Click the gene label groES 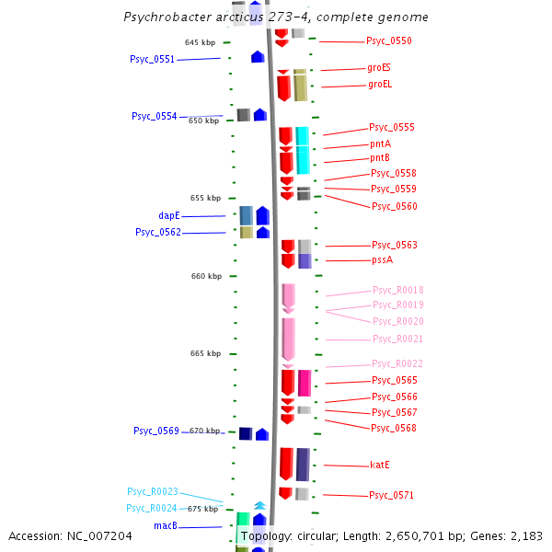click(379, 68)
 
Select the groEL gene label click(380, 85)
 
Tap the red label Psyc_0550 click(389, 41)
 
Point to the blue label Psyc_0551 click(152, 60)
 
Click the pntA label click(380, 144)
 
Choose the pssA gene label click(382, 260)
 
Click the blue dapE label click(169, 216)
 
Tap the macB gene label click(166, 527)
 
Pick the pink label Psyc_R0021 click(398, 339)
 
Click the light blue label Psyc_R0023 click(153, 492)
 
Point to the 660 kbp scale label click(206, 276)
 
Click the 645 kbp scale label click(200, 43)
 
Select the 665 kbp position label click(206, 354)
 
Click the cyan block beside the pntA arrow click(303, 150)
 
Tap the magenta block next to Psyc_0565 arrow click(305, 382)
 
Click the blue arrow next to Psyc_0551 click(259, 57)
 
